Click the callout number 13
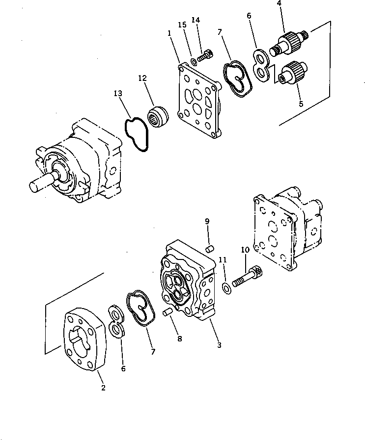coord(118,93)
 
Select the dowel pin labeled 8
coord(167,312)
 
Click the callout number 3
coord(219,345)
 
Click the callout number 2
coord(103,388)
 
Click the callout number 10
coord(245,250)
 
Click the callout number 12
coord(142,78)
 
